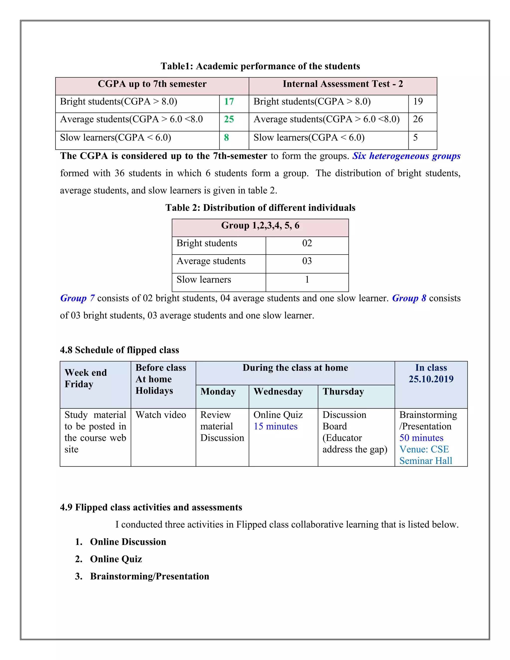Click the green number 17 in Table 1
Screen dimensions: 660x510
pos(229,102)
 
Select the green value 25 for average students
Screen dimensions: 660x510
pos(229,119)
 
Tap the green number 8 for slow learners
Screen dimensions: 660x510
pos(226,137)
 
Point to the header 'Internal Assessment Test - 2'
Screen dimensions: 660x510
pos(343,84)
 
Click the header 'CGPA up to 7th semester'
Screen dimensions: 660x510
pos(152,84)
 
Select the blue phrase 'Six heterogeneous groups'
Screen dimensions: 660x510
pos(406,156)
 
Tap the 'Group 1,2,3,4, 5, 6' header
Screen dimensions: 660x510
pos(260,225)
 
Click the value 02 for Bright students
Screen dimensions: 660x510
pos(307,243)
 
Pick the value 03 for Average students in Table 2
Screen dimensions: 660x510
pos(307,261)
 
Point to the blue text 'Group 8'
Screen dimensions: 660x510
pos(409,298)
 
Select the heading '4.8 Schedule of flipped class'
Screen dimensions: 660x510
pos(119,350)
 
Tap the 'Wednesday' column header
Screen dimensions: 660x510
pos(278,392)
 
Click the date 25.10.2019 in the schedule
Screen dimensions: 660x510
pos(431,379)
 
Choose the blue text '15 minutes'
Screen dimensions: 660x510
pos(275,426)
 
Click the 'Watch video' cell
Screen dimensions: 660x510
pos(160,415)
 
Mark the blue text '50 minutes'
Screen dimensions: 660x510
pos(421,438)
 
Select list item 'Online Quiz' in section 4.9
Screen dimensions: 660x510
pos(116,559)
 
